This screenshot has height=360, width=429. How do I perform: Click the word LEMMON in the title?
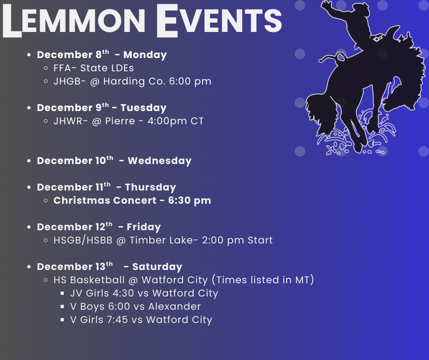[x=74, y=21]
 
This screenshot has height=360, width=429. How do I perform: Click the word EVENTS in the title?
[x=219, y=21]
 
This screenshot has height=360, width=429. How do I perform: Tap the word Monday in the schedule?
[x=145, y=55]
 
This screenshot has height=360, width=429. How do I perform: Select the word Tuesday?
[x=143, y=108]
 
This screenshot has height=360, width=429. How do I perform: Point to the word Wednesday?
[x=160, y=161]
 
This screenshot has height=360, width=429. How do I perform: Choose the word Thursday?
[x=151, y=187]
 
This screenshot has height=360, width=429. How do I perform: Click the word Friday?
[x=144, y=227]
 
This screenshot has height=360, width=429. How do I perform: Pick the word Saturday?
[x=157, y=267]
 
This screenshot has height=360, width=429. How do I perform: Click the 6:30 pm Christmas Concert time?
[x=189, y=201]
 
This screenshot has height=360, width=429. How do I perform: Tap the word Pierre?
[x=120, y=121]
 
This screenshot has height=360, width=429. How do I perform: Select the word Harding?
[x=124, y=82]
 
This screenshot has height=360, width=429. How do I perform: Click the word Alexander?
[x=174, y=307]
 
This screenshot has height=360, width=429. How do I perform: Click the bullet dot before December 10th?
[x=29, y=161]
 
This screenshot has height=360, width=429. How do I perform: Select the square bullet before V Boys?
[x=63, y=307]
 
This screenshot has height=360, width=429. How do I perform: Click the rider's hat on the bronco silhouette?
[x=362, y=7]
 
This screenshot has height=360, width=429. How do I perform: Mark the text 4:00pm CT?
[x=176, y=121]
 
